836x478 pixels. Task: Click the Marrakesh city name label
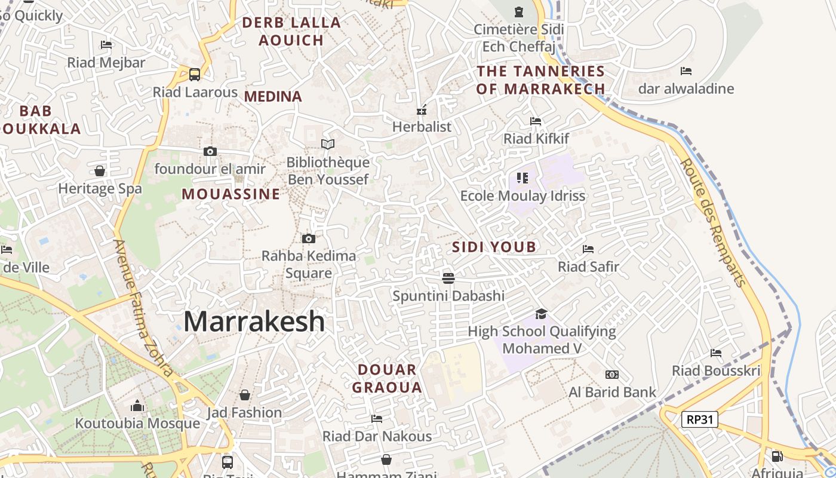(254, 321)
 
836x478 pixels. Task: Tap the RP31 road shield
(699, 419)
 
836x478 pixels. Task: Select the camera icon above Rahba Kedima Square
(309, 239)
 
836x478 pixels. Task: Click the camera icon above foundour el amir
(210, 152)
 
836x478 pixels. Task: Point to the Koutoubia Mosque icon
(137, 406)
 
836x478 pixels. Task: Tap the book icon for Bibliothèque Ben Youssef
(328, 144)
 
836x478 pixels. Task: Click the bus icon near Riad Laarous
(195, 75)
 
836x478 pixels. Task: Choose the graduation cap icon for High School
(541, 314)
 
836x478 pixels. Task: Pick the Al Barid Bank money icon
(612, 375)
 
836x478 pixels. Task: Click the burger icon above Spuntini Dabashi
(448, 278)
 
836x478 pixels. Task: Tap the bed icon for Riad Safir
(588, 249)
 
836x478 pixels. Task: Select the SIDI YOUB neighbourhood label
(494, 247)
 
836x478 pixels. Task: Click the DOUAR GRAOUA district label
(387, 378)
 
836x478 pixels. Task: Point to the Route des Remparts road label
(713, 222)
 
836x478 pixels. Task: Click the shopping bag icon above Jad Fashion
(244, 395)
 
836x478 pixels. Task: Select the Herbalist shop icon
(422, 110)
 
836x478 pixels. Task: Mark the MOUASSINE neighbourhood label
(231, 194)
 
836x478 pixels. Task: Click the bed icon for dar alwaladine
(686, 71)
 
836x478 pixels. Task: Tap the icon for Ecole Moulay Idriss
(522, 178)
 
